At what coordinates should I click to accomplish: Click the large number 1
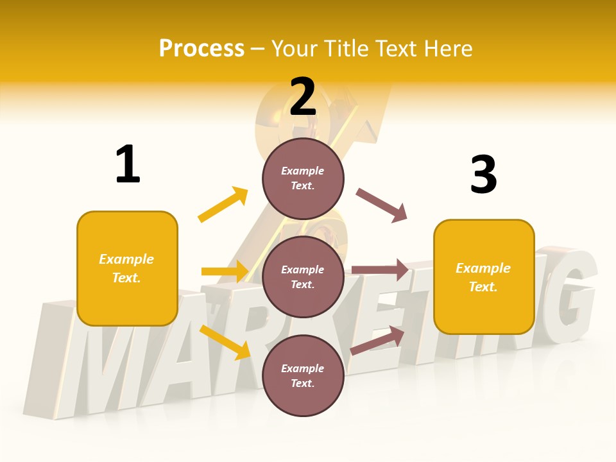point(128,164)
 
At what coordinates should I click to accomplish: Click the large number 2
point(303,97)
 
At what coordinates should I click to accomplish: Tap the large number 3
point(483,175)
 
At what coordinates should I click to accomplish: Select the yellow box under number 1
point(127,268)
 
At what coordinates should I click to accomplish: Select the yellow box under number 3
point(484,277)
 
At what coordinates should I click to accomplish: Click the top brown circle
point(303,178)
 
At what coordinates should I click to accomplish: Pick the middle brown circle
point(303,277)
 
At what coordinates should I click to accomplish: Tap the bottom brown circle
point(303,375)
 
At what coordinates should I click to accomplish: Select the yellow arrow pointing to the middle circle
point(225,271)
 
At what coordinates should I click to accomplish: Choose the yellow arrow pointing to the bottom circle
point(225,341)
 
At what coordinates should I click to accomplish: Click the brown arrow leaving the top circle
point(382,205)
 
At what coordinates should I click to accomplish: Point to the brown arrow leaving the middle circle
point(380,270)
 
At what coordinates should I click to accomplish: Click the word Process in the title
point(201,48)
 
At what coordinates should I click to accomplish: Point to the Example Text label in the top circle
point(303,178)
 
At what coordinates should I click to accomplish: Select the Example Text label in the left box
point(126,268)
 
